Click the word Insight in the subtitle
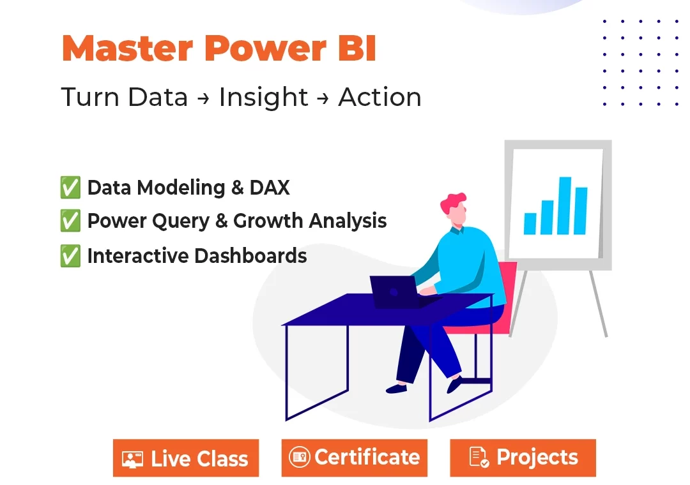pyautogui.click(x=263, y=98)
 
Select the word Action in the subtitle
pyautogui.click(x=379, y=97)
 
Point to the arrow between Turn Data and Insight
pyautogui.click(x=203, y=98)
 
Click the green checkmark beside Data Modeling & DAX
pyautogui.click(x=70, y=188)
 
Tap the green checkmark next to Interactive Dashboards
pyautogui.click(x=70, y=256)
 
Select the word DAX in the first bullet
pyautogui.click(x=270, y=188)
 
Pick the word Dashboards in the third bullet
pyautogui.click(x=250, y=256)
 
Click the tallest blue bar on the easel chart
pyautogui.click(x=565, y=205)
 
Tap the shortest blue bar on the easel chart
pyautogui.click(x=530, y=223)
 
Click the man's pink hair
pyautogui.click(x=452, y=203)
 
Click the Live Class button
pyautogui.click(x=186, y=458)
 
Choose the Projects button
pyautogui.click(x=523, y=458)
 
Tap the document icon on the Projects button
pyautogui.click(x=479, y=458)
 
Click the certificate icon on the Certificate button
pyautogui.click(x=299, y=458)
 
